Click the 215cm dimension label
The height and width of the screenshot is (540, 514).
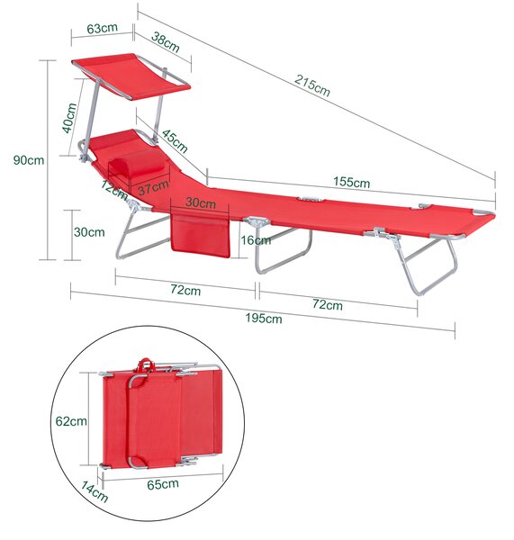pos(312,85)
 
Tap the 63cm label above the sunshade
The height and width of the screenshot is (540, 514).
pos(102,28)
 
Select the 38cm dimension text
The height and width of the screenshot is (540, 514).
pos(166,42)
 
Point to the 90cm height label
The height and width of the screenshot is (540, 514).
pos(29,160)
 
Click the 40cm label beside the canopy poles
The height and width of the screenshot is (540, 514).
pos(69,118)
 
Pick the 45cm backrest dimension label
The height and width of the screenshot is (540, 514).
pos(175,141)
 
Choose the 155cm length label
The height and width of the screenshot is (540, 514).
pos(351,182)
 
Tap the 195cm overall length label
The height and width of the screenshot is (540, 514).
pos(264,319)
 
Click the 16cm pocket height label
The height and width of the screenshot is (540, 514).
pos(256,240)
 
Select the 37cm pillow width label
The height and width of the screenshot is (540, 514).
pos(153,187)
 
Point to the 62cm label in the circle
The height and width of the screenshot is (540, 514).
pos(71,421)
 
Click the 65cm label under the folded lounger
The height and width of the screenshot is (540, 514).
pos(163,484)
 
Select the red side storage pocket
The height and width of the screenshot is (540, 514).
pos(200,237)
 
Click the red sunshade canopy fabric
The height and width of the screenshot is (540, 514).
pos(131,76)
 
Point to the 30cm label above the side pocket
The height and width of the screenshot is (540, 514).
pos(201,202)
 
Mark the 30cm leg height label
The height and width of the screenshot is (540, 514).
pos(89,232)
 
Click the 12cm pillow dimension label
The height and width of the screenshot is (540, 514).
pos(114,189)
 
